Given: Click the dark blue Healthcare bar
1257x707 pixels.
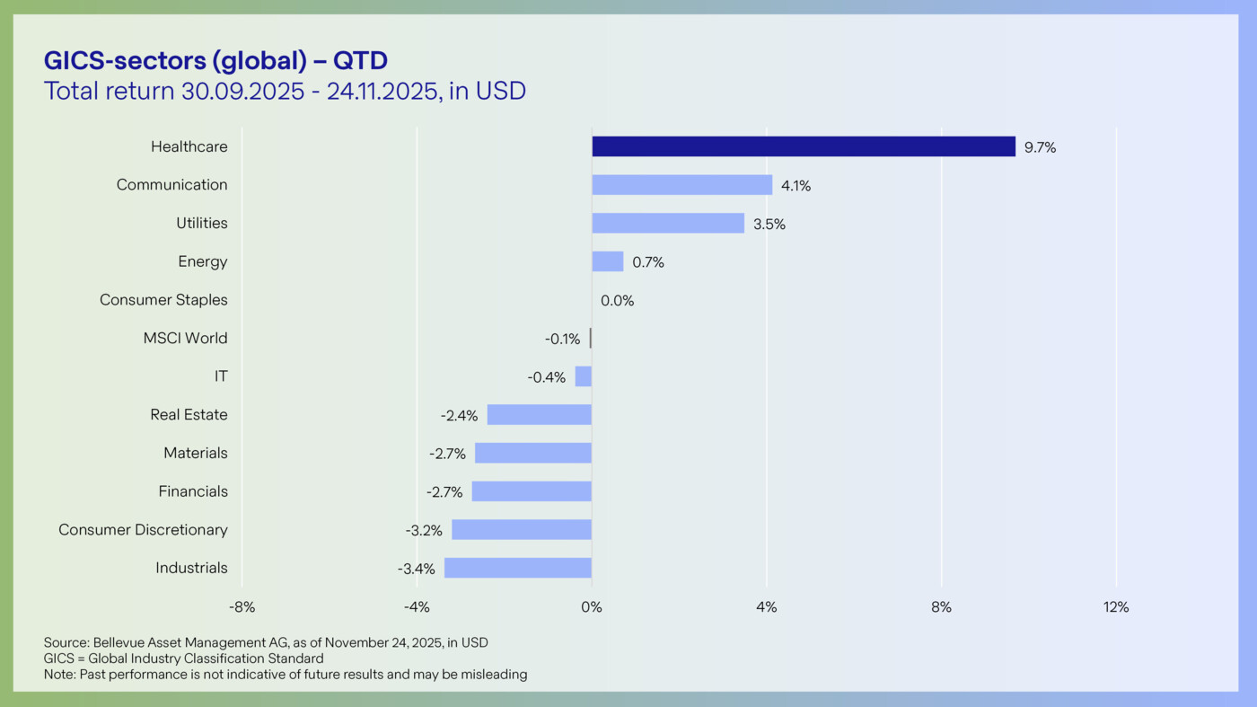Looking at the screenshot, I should pyautogui.click(x=803, y=146).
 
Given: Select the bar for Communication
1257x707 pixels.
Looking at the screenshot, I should pyautogui.click(x=681, y=185).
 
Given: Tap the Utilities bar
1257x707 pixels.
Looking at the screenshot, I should pyautogui.click(x=667, y=223).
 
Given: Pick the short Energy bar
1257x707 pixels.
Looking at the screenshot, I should pyautogui.click(x=607, y=261).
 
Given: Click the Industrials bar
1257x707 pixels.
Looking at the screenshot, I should pyautogui.click(x=517, y=568).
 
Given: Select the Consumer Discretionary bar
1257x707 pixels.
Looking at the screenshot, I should pyautogui.click(x=521, y=529).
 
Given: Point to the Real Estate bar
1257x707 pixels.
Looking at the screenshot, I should pyautogui.click(x=539, y=414).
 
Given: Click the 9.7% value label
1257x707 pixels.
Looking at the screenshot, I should pyautogui.click(x=1040, y=148).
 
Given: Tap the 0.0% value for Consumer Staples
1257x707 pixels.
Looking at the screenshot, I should pyautogui.click(x=617, y=301).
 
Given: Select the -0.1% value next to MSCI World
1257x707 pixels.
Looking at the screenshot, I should pyautogui.click(x=562, y=339).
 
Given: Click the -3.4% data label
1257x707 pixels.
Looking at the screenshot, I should pyautogui.click(x=416, y=569).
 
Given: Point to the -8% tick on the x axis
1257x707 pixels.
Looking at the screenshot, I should pyautogui.click(x=242, y=607).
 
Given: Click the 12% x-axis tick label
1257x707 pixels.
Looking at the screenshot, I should pyautogui.click(x=1116, y=607).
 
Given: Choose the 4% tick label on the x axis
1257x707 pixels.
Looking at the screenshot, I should pyautogui.click(x=766, y=607).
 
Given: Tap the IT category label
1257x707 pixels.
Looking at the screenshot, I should pyautogui.click(x=221, y=376).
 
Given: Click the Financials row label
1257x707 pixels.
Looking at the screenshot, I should pyautogui.click(x=193, y=491).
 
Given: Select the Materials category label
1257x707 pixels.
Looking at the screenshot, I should pyautogui.click(x=195, y=453).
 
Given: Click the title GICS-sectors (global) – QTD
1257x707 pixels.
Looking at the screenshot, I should pyautogui.click(x=215, y=60).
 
